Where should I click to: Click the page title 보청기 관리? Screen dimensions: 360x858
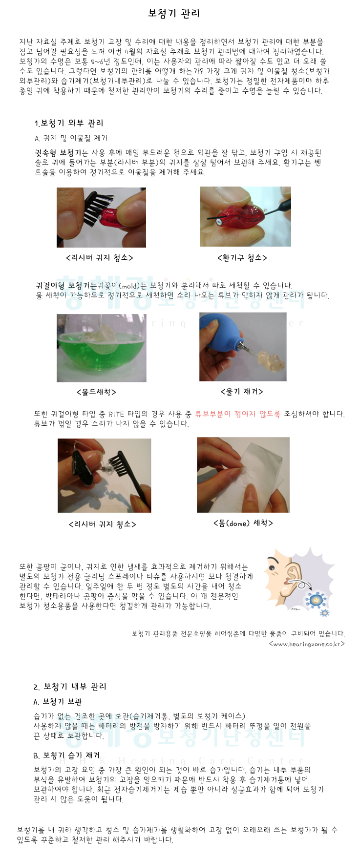tap(174, 14)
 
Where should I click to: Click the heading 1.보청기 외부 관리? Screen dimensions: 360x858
tap(69, 123)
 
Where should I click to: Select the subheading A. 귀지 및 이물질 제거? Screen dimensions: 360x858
tap(71, 138)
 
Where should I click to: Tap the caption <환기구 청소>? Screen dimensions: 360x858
tap(242, 258)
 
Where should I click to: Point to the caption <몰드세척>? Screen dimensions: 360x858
tap(97, 392)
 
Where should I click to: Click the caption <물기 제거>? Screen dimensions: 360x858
tap(242, 392)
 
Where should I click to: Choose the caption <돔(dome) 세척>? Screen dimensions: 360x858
tap(243, 523)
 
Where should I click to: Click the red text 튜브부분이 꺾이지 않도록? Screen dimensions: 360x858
tap(238, 414)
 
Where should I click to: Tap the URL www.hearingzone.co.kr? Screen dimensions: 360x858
tap(307, 644)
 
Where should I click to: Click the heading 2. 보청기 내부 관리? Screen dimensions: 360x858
tap(70, 687)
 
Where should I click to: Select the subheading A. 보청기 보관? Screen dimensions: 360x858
tap(58, 702)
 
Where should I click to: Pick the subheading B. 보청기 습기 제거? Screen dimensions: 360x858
tap(66, 755)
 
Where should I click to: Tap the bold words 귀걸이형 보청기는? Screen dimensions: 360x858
tap(66, 286)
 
